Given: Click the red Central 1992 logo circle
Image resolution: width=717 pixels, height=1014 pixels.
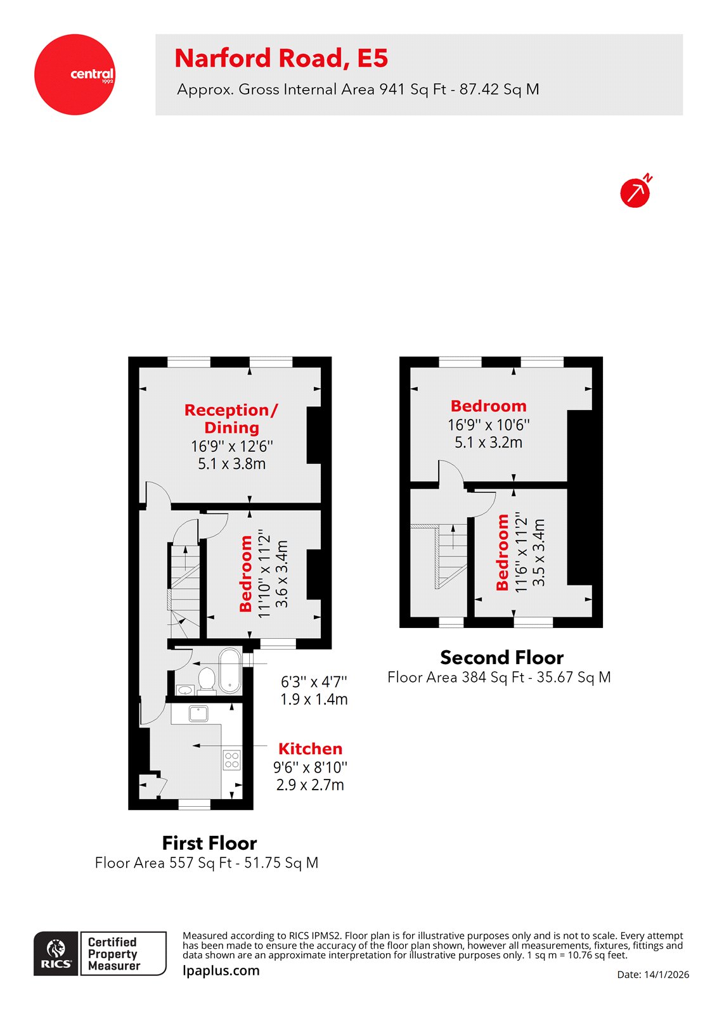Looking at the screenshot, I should click(75, 75).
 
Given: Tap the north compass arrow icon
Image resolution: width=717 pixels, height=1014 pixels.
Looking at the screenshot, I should click(635, 192).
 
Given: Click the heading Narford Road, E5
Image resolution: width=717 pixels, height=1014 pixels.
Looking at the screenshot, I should click(281, 58).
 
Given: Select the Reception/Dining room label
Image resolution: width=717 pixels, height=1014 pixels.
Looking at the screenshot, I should click(231, 419).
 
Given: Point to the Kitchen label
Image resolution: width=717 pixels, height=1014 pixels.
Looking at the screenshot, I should click(310, 748).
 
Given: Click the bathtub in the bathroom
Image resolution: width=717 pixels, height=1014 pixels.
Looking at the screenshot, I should click(229, 671).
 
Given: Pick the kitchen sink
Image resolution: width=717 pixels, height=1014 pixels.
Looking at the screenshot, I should click(198, 714).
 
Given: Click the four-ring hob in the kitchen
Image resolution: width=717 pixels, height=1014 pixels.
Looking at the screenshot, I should click(231, 759).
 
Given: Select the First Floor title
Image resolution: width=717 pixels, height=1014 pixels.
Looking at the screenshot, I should click(209, 843).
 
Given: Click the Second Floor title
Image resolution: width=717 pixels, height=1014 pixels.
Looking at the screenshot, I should click(501, 657).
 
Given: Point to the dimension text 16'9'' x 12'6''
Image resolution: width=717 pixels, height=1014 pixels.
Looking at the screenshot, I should click(232, 446).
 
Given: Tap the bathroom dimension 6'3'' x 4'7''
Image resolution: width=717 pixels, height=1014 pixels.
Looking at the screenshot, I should click(314, 682).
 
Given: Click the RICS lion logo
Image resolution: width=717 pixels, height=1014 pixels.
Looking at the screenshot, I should click(56, 953).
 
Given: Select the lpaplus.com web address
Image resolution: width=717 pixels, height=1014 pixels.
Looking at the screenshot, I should click(221, 970).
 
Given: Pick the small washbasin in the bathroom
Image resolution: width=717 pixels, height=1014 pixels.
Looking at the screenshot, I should click(185, 690).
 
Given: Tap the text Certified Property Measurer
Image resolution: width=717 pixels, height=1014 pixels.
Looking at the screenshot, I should click(114, 954).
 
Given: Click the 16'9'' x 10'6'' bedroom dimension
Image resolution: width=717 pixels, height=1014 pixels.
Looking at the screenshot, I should click(489, 425).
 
